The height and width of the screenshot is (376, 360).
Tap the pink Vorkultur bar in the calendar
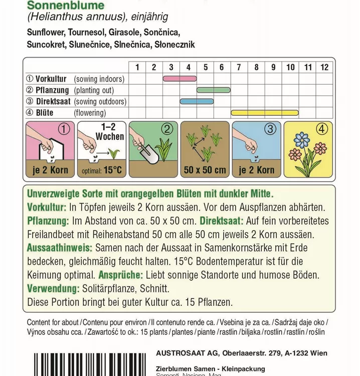(x=179, y=79)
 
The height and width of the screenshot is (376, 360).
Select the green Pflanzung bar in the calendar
(x=213, y=90)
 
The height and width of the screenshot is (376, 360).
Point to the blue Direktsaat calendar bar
(x=197, y=101)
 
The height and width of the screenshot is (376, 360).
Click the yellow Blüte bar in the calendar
(x=265, y=112)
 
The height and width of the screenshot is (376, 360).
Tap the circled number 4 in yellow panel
(x=322, y=129)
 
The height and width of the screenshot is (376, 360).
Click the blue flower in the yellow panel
(x=301, y=139)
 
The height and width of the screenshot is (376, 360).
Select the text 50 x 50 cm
(x=205, y=170)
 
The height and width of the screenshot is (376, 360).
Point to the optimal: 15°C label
(x=101, y=170)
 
